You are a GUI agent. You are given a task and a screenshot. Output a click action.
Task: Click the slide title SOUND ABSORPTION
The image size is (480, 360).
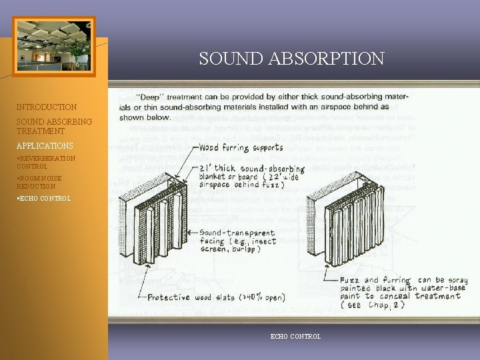291,59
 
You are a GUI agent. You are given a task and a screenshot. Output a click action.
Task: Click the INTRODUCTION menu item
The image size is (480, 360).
47,107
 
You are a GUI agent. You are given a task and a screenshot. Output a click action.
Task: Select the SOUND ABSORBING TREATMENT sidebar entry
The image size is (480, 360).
54,127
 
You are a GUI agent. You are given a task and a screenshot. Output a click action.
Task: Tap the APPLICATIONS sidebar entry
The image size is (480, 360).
45,146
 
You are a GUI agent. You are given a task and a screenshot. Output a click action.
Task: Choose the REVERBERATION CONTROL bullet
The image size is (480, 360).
46,162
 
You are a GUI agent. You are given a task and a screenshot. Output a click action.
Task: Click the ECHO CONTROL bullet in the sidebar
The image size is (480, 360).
43,199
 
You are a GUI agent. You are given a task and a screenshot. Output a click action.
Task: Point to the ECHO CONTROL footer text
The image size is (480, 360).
295,337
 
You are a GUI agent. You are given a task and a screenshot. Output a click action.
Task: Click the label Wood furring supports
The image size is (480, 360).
241,147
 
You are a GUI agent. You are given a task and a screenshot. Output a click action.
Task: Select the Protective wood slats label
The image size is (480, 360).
216,297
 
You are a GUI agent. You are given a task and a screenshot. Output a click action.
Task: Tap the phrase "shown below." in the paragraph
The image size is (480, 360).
146,117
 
